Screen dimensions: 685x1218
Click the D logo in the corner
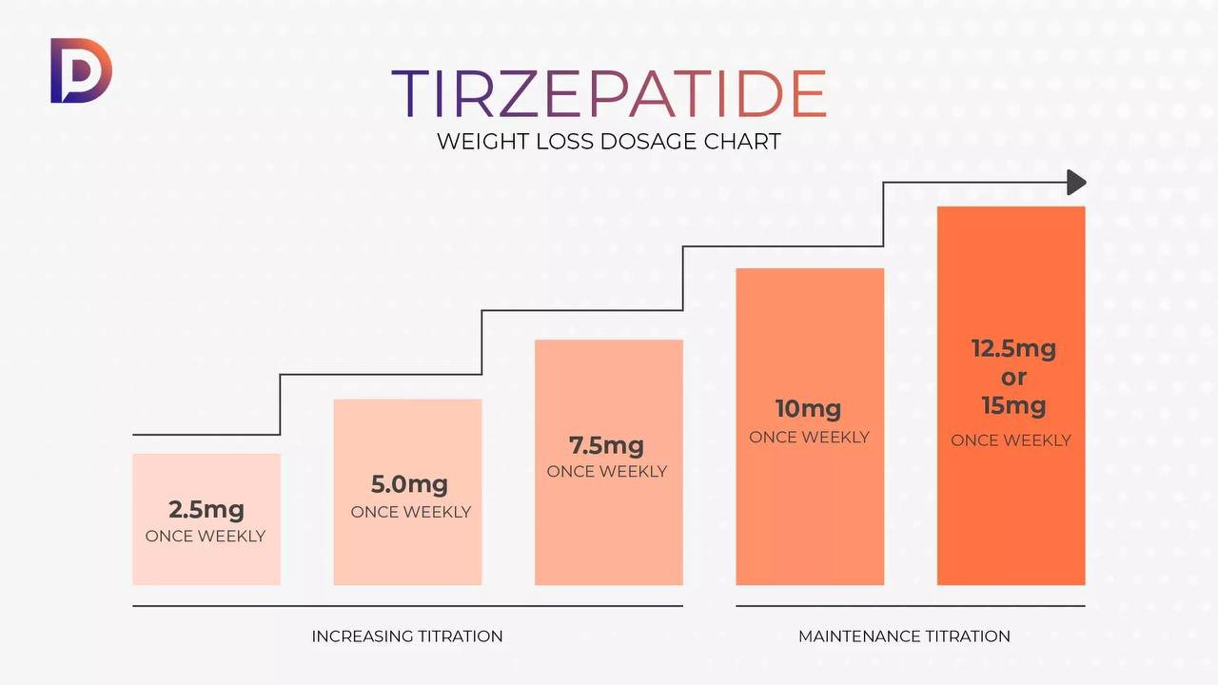click(x=81, y=70)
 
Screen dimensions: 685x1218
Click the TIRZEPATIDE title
click(x=609, y=93)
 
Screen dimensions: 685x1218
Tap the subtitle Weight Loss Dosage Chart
click(x=609, y=142)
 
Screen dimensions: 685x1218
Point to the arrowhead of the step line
click(x=1076, y=182)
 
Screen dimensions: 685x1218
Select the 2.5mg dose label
click(x=206, y=509)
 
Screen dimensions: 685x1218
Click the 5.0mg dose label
click(x=409, y=484)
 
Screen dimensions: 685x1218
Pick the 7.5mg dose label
click(x=606, y=445)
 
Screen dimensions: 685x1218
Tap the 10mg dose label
click(x=808, y=409)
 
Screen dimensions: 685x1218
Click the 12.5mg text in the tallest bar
click(x=1013, y=348)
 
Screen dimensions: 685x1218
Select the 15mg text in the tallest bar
click(x=1013, y=405)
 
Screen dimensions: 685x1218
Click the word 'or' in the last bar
click(x=1013, y=377)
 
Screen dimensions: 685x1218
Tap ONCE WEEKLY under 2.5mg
click(x=206, y=537)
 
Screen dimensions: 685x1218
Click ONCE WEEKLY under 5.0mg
click(x=410, y=512)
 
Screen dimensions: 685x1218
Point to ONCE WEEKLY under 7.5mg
click(x=606, y=472)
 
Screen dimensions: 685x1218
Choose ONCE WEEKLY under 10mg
click(x=809, y=438)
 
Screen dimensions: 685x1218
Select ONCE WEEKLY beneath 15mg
click(x=1011, y=440)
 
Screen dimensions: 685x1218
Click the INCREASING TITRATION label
click(x=407, y=636)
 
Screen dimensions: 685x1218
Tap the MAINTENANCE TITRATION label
click(x=904, y=636)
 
